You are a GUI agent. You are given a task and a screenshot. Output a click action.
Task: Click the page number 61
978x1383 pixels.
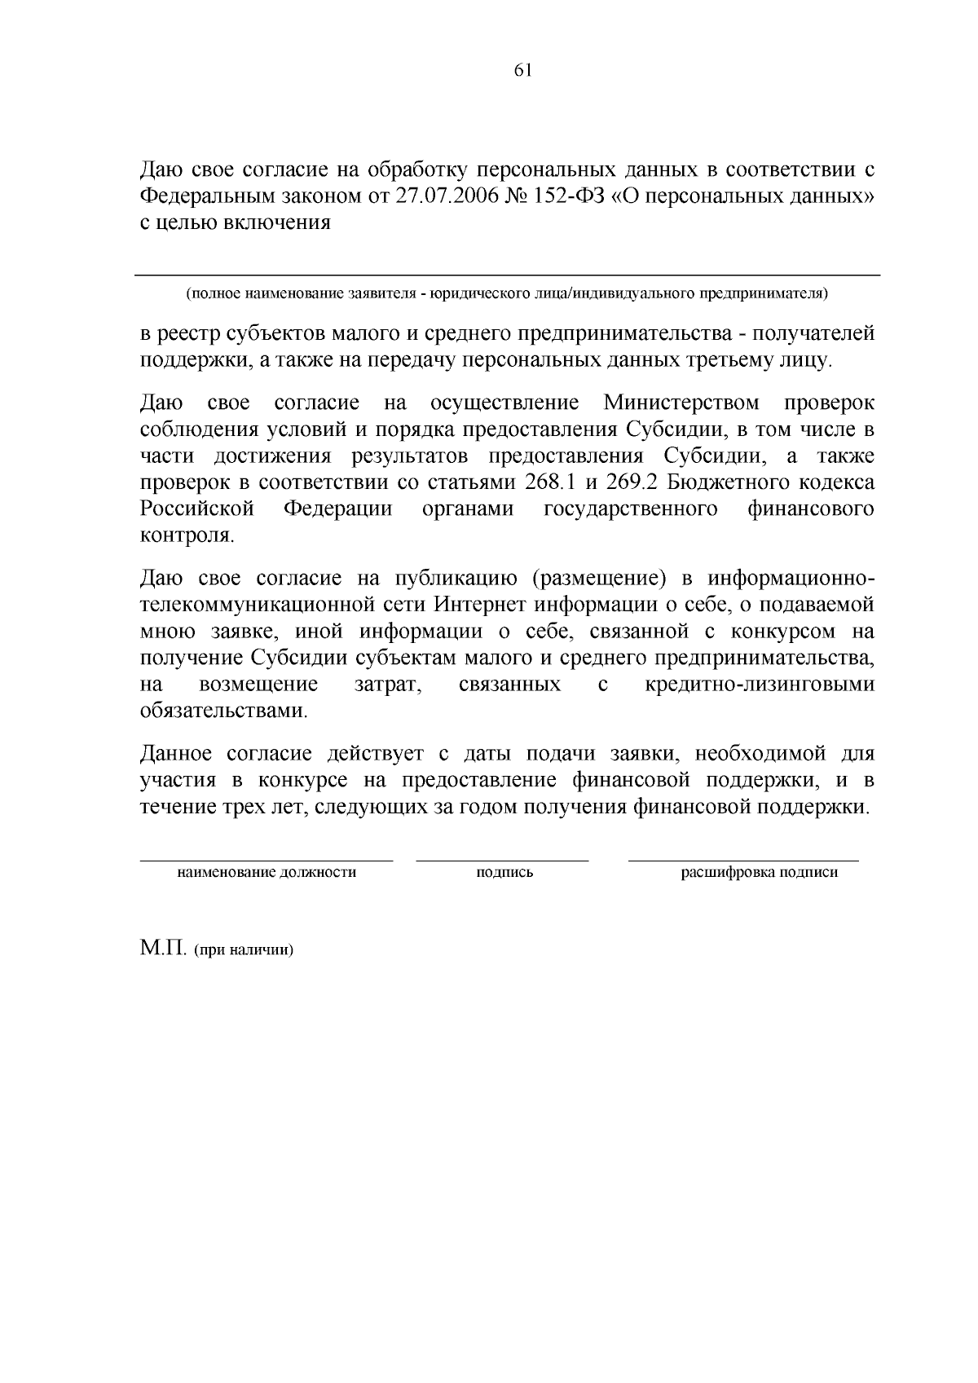pyautogui.click(x=523, y=71)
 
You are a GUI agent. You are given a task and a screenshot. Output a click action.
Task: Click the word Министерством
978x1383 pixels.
pyautogui.click(x=681, y=403)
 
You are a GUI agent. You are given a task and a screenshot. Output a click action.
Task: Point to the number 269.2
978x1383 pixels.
pyautogui.click(x=632, y=482)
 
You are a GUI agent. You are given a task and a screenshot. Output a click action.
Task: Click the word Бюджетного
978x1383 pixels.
pyautogui.click(x=729, y=482)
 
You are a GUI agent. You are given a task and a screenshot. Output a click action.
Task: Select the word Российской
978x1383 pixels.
pyautogui.click(x=197, y=509)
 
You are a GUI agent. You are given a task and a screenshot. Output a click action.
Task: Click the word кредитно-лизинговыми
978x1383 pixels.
pyautogui.click(x=760, y=684)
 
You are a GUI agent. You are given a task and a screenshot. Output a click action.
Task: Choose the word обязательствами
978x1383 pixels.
pyautogui.click(x=224, y=711)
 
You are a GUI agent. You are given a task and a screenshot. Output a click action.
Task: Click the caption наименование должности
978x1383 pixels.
pyautogui.click(x=267, y=873)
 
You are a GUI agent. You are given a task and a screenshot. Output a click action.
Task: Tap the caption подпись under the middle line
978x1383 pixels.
pyautogui.click(x=504, y=873)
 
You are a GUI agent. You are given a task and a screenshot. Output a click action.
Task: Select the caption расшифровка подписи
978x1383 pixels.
pyautogui.click(x=759, y=873)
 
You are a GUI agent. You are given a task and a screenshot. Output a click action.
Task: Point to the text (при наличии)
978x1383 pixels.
pyautogui.click(x=243, y=950)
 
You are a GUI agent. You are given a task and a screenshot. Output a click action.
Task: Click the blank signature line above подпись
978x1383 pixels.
pyautogui.click(x=502, y=859)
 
